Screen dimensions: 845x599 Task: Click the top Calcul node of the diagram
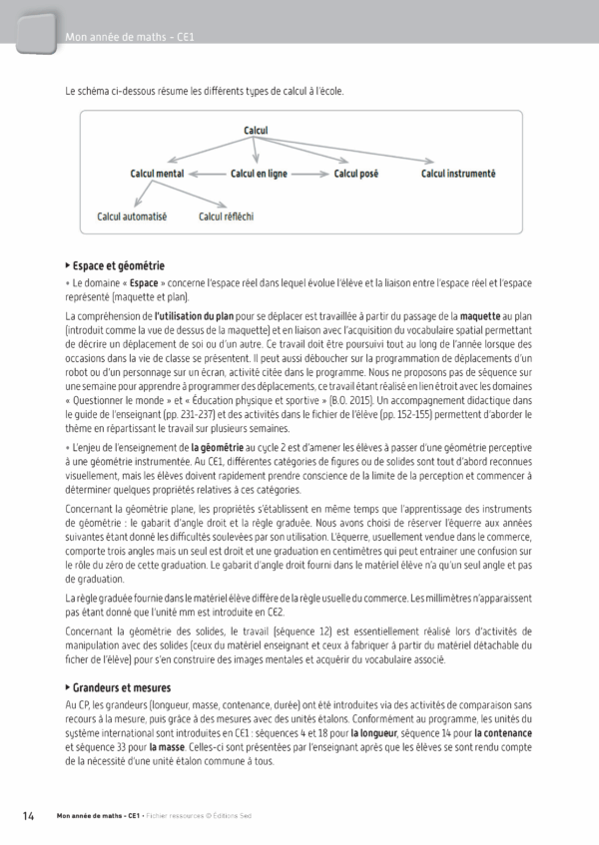click(x=263, y=130)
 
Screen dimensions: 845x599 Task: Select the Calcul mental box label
click(x=159, y=174)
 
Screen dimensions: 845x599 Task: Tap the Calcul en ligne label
click(x=259, y=174)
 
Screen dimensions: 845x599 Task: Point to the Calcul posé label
click(x=355, y=174)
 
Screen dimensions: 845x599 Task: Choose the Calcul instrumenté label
click(x=458, y=174)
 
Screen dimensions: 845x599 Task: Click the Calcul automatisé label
click(x=132, y=215)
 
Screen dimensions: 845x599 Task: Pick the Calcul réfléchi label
click(x=229, y=215)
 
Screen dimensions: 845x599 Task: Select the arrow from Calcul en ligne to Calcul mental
click(x=207, y=174)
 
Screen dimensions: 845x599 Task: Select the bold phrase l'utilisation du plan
click(x=195, y=316)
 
